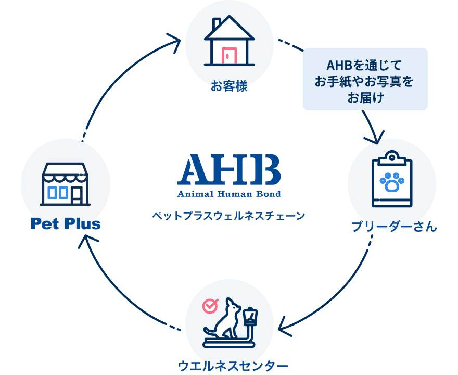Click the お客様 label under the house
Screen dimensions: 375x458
pos(229,85)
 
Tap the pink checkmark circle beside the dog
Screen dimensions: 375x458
pos(210,306)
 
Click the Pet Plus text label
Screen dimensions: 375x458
pos(65,224)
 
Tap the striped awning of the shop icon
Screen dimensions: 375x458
pos(65,172)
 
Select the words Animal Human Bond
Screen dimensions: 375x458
pos(229,194)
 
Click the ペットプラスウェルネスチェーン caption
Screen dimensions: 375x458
pos(229,215)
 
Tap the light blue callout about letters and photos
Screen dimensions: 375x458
pos(365,79)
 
